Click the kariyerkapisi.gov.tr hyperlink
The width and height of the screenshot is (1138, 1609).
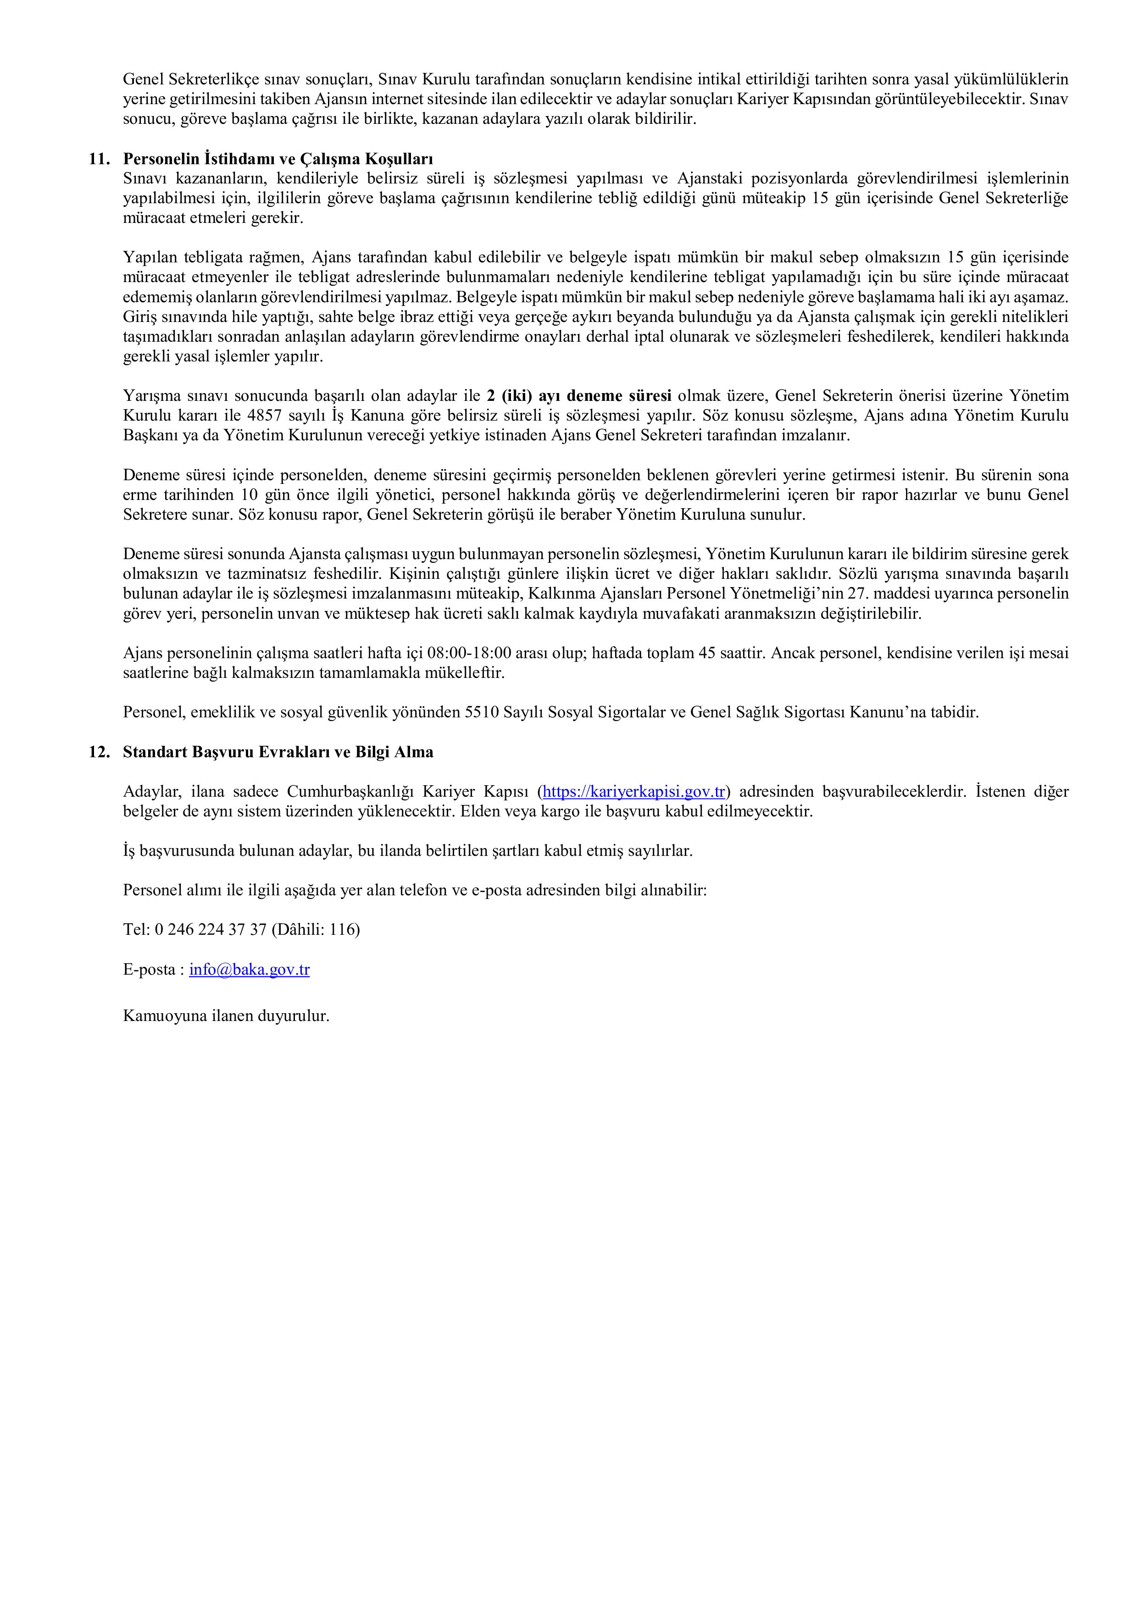pyautogui.click(x=633, y=792)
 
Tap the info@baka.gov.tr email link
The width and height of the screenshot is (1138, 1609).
pyautogui.click(x=250, y=970)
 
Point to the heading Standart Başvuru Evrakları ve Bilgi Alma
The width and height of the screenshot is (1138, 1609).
pyautogui.click(x=278, y=752)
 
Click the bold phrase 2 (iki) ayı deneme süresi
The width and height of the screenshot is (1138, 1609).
pyautogui.click(x=579, y=396)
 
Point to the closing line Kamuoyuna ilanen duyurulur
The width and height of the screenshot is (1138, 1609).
pyautogui.click(x=226, y=1015)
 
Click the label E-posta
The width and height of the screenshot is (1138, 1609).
pyautogui.click(x=150, y=970)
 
